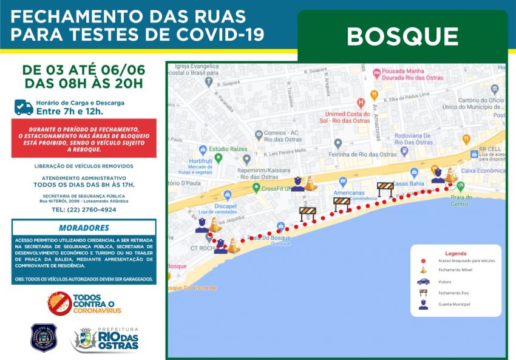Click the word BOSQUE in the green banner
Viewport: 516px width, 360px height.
click(402, 36)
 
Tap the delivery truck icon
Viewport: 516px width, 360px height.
click(24, 107)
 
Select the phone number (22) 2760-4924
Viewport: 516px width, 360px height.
click(84, 209)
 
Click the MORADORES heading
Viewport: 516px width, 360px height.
click(84, 228)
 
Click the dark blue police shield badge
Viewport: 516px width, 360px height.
click(43, 337)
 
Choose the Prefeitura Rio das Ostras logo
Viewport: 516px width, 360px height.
click(106, 339)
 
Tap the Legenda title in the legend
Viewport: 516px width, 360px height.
click(456, 253)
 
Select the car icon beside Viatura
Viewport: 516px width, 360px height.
click(424, 282)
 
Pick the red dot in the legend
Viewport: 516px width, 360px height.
click(423, 260)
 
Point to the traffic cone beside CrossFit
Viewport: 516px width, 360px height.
click(310, 183)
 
